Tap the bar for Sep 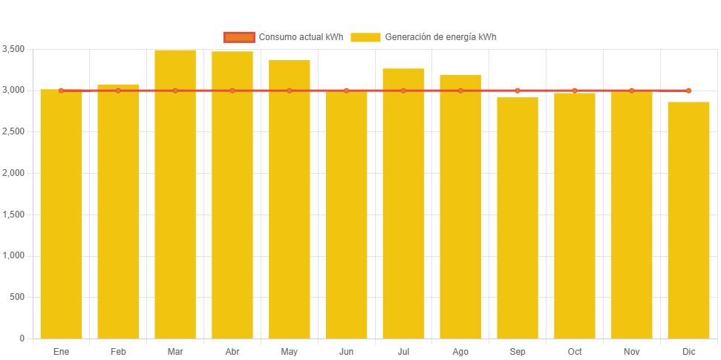pos(518,218)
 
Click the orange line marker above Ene pos(61,91)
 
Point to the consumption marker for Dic pos(688,91)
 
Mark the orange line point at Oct pos(575,91)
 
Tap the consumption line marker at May pos(290,91)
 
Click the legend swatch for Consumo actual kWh pos(238,37)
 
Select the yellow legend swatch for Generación pos(365,37)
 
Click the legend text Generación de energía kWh pos(441,37)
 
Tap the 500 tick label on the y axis pos(17,297)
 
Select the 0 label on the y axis pos(22,338)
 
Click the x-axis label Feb pos(118,351)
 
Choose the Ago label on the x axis pos(460,351)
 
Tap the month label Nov pos(632,351)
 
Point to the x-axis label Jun pos(346,351)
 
